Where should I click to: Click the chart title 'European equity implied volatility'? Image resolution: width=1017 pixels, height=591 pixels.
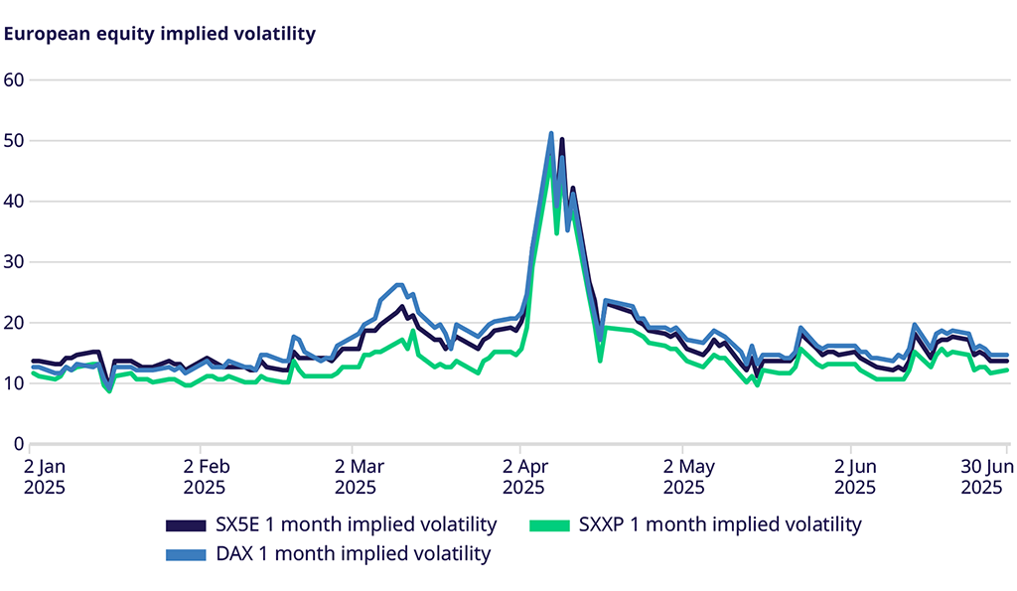pos(160,34)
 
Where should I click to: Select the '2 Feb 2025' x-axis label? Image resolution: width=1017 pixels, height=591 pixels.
pos(202,476)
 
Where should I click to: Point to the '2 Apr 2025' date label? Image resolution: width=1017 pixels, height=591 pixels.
pos(520,476)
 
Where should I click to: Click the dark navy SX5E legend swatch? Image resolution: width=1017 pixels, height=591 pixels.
pos(187,524)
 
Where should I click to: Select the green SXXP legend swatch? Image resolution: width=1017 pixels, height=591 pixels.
pos(550,524)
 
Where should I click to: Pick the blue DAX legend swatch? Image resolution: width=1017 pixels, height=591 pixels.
pos(187,554)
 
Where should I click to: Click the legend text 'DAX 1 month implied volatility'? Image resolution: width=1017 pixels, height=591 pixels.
pos(353,554)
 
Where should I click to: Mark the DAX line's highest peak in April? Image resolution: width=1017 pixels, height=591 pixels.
pos(551,133)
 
